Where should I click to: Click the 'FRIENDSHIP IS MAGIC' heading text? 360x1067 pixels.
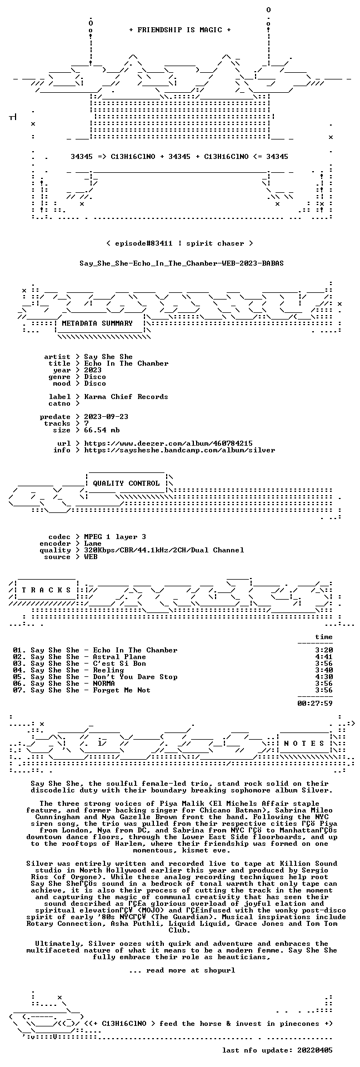179,30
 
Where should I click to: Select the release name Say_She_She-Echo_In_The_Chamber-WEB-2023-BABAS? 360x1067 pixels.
182,263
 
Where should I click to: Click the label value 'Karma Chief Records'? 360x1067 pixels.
126,397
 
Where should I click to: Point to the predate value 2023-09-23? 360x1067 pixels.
106,417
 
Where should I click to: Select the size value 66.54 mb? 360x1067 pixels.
102,430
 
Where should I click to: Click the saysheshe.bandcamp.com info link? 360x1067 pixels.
179,450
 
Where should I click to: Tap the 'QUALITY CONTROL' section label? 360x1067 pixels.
126,483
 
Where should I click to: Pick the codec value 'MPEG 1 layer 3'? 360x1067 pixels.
115,537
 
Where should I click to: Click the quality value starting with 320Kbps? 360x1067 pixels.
164,550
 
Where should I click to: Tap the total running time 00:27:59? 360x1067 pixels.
315,704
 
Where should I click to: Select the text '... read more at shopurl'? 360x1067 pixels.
182,970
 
